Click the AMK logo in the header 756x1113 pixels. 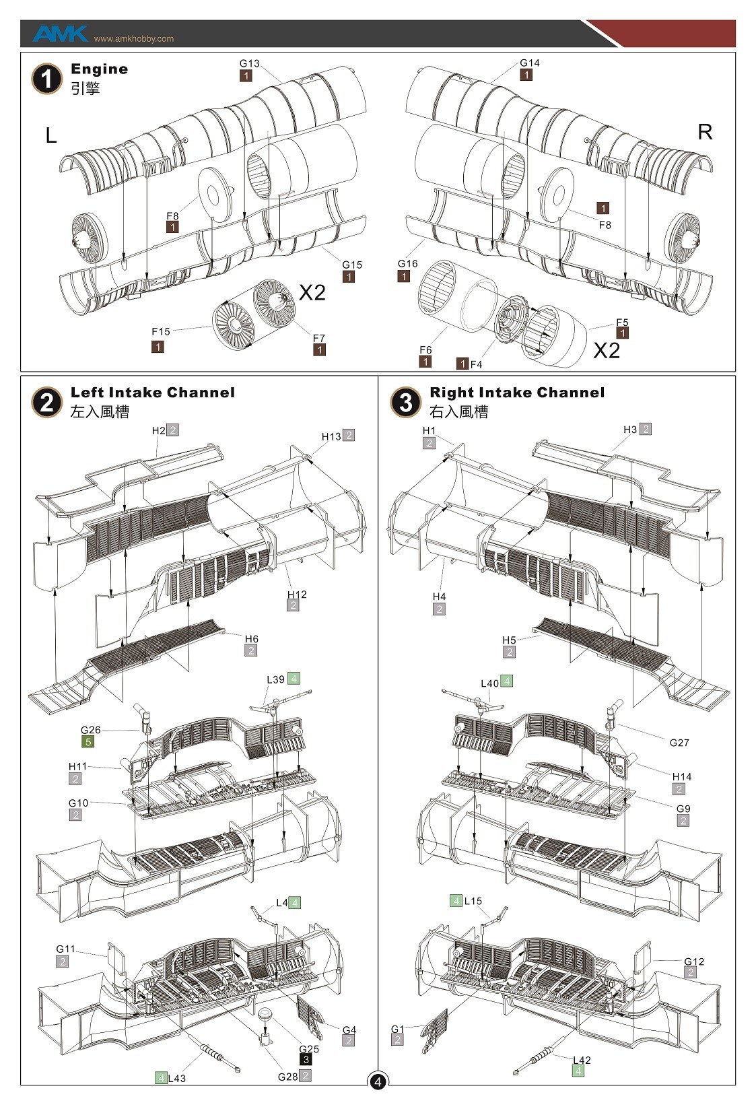point(59,34)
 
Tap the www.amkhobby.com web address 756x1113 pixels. point(133,39)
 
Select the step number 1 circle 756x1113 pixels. point(46,79)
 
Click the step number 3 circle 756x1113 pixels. point(405,403)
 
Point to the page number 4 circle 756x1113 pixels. point(378,1082)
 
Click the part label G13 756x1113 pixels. point(249,63)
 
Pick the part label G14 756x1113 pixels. point(530,63)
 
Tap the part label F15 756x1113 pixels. point(161,331)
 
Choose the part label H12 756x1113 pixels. point(297,594)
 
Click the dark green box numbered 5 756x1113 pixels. point(88,742)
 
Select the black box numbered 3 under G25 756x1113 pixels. point(306,1060)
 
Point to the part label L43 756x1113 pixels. point(176,1078)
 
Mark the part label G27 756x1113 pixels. point(679,743)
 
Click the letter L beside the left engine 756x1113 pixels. point(50,136)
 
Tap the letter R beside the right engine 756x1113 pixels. point(705,132)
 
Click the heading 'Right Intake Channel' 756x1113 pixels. point(517,393)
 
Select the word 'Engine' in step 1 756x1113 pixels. point(99,69)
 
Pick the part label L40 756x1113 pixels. point(489,683)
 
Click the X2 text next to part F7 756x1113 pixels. point(312,292)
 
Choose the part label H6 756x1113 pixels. point(251,638)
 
